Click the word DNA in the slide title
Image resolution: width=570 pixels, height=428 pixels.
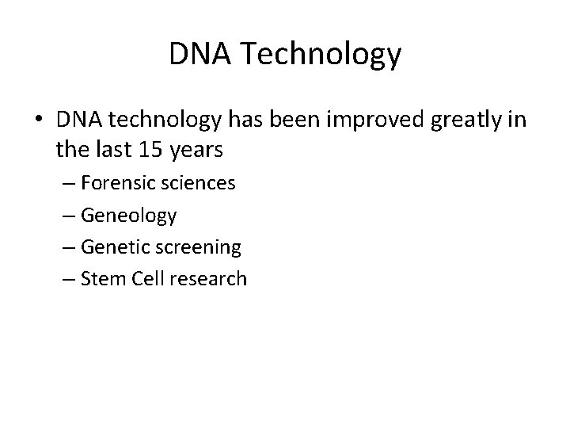[196, 55]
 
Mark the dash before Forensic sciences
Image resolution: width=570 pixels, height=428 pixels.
[67, 184]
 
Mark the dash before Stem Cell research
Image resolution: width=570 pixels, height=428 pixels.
[67, 279]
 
